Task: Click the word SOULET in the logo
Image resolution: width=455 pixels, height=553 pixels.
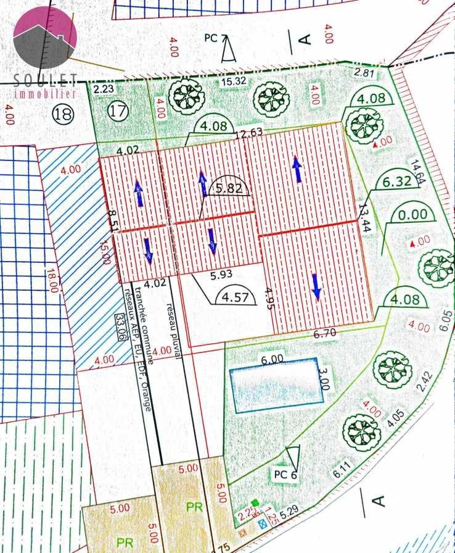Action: pos(45,80)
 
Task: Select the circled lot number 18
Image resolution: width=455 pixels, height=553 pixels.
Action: pos(63,114)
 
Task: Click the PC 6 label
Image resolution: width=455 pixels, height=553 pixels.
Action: pos(285,475)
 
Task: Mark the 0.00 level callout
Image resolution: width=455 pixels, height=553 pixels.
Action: pos(413,215)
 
